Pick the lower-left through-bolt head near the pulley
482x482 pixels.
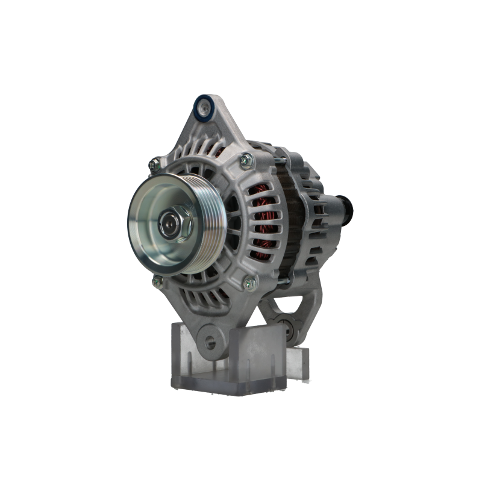[158, 280]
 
